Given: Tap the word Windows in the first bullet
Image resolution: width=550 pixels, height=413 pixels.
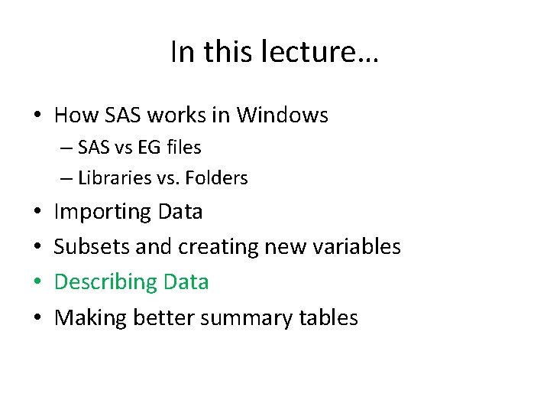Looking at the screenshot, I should coord(283,115).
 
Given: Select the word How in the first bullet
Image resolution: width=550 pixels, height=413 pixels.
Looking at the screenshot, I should coord(73,115).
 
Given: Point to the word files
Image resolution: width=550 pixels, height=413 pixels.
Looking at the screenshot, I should coord(184,146).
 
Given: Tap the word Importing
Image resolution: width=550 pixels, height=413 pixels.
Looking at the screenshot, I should coord(103,212).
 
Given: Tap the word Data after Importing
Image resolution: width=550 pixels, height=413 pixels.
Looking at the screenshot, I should coord(180,212).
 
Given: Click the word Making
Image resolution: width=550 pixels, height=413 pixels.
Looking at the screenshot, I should coord(91,317).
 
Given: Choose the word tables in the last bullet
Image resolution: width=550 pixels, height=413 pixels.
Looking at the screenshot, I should coord(328,317).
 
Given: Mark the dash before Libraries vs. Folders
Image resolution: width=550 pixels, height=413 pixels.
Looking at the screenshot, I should coord(66,178).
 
